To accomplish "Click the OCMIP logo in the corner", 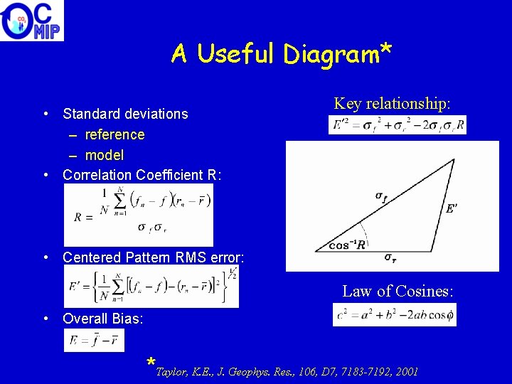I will pyautogui.click(x=32, y=21).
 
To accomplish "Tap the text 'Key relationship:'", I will pyautogui.click(x=392, y=104).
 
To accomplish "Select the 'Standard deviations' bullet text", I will pyautogui.click(x=125, y=114).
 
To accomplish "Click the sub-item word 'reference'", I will pyautogui.click(x=114, y=134).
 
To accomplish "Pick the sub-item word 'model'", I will pyautogui.click(x=105, y=155).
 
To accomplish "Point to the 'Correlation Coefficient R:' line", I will pyautogui.click(x=142, y=175).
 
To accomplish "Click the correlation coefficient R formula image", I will pyautogui.click(x=138, y=215).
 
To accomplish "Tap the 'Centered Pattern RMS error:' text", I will pyautogui.click(x=153, y=257).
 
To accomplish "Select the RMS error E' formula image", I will pyautogui.click(x=151, y=287).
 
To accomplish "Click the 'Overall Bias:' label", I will pyautogui.click(x=102, y=319).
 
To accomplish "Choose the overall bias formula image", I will pyautogui.click(x=94, y=341).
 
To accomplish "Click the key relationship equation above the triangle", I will pyautogui.click(x=398, y=125).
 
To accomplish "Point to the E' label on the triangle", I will pyautogui.click(x=451, y=209).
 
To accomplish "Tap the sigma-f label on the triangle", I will pyautogui.click(x=381, y=197).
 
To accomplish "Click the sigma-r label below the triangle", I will pyautogui.click(x=390, y=257).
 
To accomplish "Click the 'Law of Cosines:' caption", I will pyautogui.click(x=398, y=291).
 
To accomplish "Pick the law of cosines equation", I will pyautogui.click(x=394, y=314).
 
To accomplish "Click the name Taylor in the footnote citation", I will pyautogui.click(x=171, y=372).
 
